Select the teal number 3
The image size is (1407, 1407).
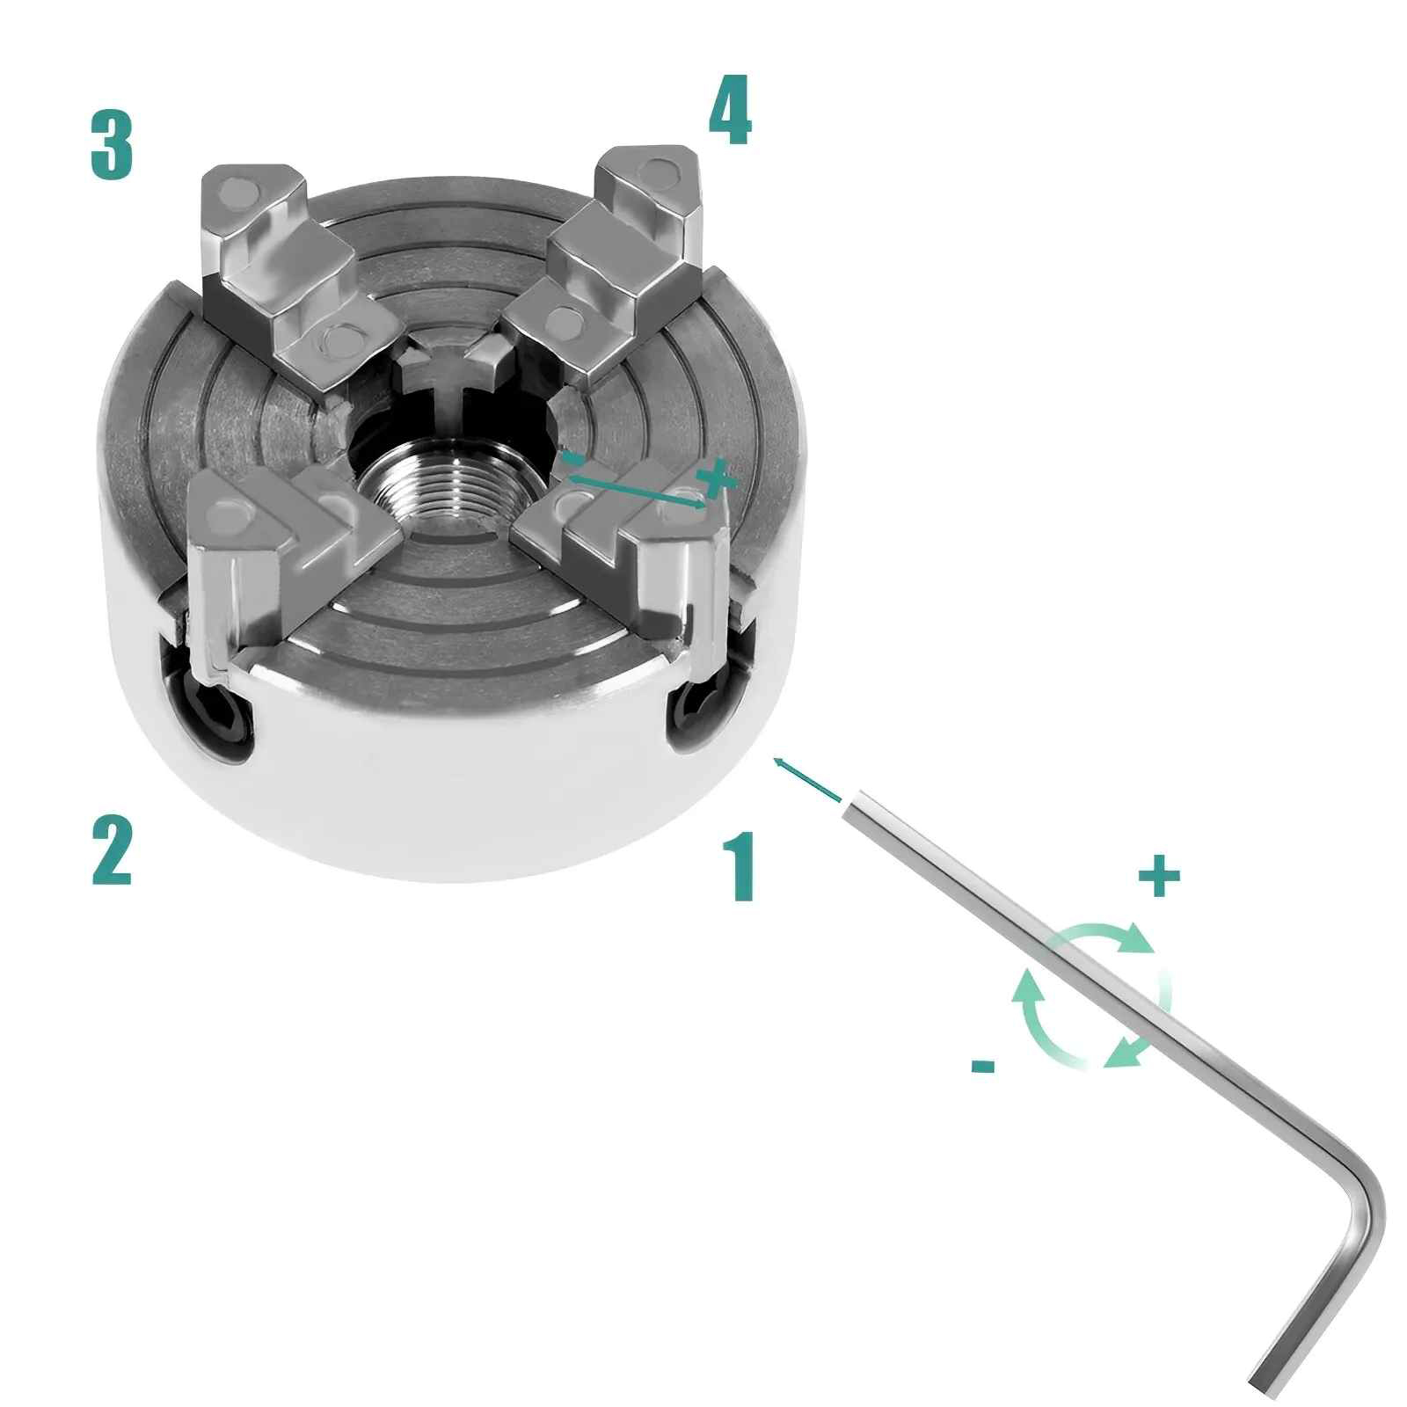coord(112,145)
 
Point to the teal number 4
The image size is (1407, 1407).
coord(730,112)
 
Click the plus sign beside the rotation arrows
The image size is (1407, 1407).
coord(1159,876)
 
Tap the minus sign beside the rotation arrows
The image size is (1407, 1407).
coord(983,1067)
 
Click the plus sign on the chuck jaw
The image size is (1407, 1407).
coord(715,478)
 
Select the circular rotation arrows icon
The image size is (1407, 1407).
coord(1092,995)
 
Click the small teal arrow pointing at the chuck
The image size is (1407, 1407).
coord(806,778)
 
